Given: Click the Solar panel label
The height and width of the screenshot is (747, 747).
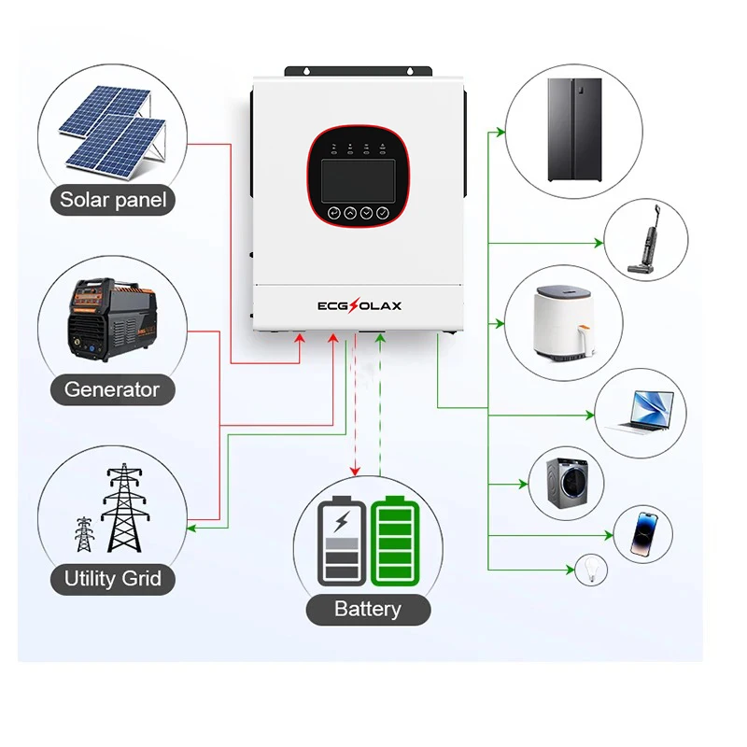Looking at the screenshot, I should (x=113, y=199).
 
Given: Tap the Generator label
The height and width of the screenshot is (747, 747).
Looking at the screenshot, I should (x=112, y=389).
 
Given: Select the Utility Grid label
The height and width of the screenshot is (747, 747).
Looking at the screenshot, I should (x=113, y=579).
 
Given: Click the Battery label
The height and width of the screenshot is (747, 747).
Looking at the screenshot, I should (x=367, y=610).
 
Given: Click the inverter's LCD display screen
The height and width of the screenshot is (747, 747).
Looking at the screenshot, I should (x=359, y=177).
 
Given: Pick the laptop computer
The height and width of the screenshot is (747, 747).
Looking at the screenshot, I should (x=641, y=411).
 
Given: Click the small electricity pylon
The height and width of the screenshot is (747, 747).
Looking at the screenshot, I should (x=85, y=533).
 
